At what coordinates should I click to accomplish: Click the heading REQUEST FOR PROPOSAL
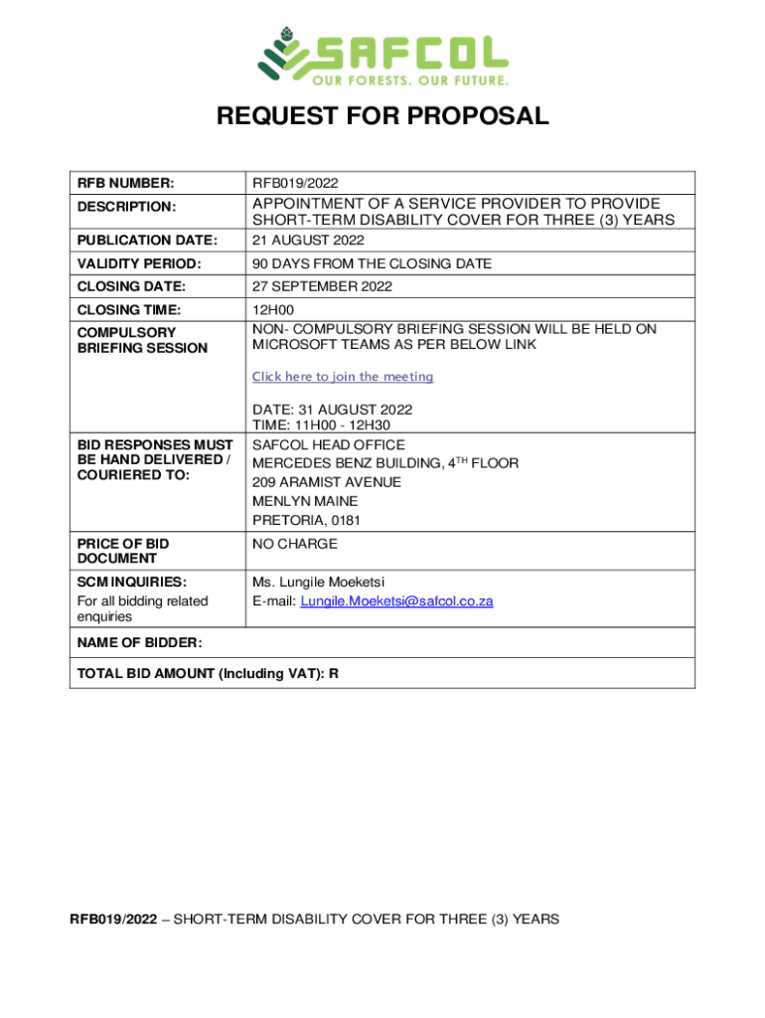tap(382, 116)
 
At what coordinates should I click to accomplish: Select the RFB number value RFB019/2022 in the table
tap(295, 183)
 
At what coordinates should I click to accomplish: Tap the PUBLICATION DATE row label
tap(147, 241)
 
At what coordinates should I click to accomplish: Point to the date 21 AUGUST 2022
tap(308, 241)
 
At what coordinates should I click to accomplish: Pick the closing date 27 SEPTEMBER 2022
tap(322, 287)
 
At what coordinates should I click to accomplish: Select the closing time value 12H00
tap(272, 310)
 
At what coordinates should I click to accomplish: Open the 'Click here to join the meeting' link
tap(343, 377)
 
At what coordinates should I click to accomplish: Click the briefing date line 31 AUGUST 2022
tap(332, 410)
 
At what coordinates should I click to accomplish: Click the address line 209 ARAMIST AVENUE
tap(327, 482)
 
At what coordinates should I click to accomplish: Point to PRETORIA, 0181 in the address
tap(306, 520)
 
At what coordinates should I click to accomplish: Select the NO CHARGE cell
tap(294, 544)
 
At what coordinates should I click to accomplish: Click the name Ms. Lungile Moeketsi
tap(318, 582)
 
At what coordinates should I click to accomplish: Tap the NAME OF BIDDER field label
tap(139, 643)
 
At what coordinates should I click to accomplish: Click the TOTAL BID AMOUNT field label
tap(208, 674)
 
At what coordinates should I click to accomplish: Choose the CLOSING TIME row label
tap(129, 310)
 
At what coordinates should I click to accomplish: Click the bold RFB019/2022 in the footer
tap(112, 920)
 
